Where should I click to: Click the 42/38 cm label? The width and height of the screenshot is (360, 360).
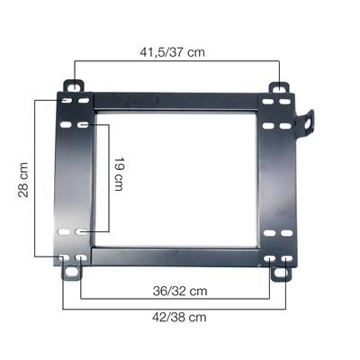click(178, 316)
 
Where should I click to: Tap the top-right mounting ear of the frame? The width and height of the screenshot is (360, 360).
click(281, 89)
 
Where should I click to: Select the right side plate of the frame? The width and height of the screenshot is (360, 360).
click(278, 180)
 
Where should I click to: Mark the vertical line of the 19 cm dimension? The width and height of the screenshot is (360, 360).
click(109, 180)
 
